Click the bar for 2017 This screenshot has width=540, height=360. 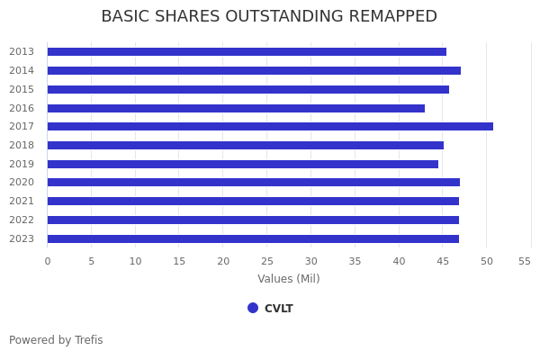click(270, 127)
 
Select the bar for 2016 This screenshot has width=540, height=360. click(236, 108)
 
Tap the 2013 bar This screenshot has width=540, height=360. click(247, 52)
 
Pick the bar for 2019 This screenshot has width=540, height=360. click(243, 164)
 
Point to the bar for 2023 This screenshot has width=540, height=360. click(253, 238)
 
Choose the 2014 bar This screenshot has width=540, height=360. click(254, 70)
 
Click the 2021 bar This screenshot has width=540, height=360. click(253, 202)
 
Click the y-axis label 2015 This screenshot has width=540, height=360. click(22, 89)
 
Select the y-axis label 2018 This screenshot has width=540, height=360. click(22, 145)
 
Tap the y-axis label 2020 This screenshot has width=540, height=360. click(22, 183)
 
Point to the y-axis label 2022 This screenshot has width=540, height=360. click(22, 220)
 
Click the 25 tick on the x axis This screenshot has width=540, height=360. click(267, 261)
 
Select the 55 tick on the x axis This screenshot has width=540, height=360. click(525, 261)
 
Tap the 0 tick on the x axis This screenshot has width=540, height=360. click(48, 261)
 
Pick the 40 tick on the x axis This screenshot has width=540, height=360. click(399, 261)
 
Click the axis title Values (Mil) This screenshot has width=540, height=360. click(289, 279)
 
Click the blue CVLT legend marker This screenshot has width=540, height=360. click(253, 308)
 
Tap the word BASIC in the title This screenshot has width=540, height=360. click(124, 17)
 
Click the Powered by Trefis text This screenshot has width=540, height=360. click(56, 340)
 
